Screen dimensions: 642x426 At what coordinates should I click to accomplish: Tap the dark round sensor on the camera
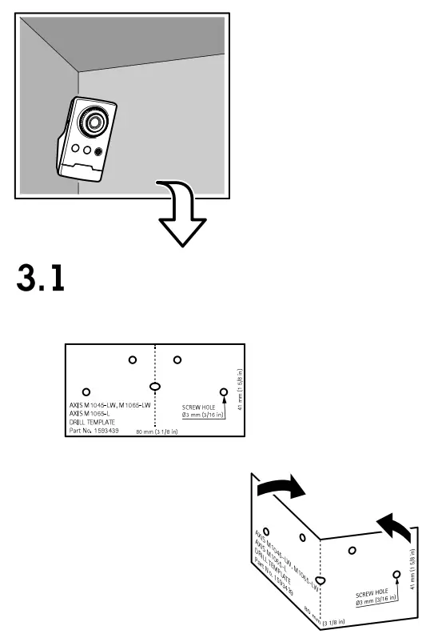(x=98, y=150)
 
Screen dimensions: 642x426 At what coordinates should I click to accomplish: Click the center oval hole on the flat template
(x=155, y=386)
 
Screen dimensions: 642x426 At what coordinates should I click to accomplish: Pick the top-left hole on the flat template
(x=132, y=359)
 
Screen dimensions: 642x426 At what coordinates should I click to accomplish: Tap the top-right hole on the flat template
(x=177, y=359)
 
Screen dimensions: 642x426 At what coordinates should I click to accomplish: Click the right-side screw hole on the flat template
(x=224, y=391)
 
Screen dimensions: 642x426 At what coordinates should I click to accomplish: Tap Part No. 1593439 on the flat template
(x=95, y=430)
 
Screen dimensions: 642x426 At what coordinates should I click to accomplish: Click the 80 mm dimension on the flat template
(x=156, y=431)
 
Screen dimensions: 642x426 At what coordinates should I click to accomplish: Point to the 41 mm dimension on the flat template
(x=240, y=388)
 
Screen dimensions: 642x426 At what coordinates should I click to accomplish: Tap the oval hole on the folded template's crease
(x=319, y=580)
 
